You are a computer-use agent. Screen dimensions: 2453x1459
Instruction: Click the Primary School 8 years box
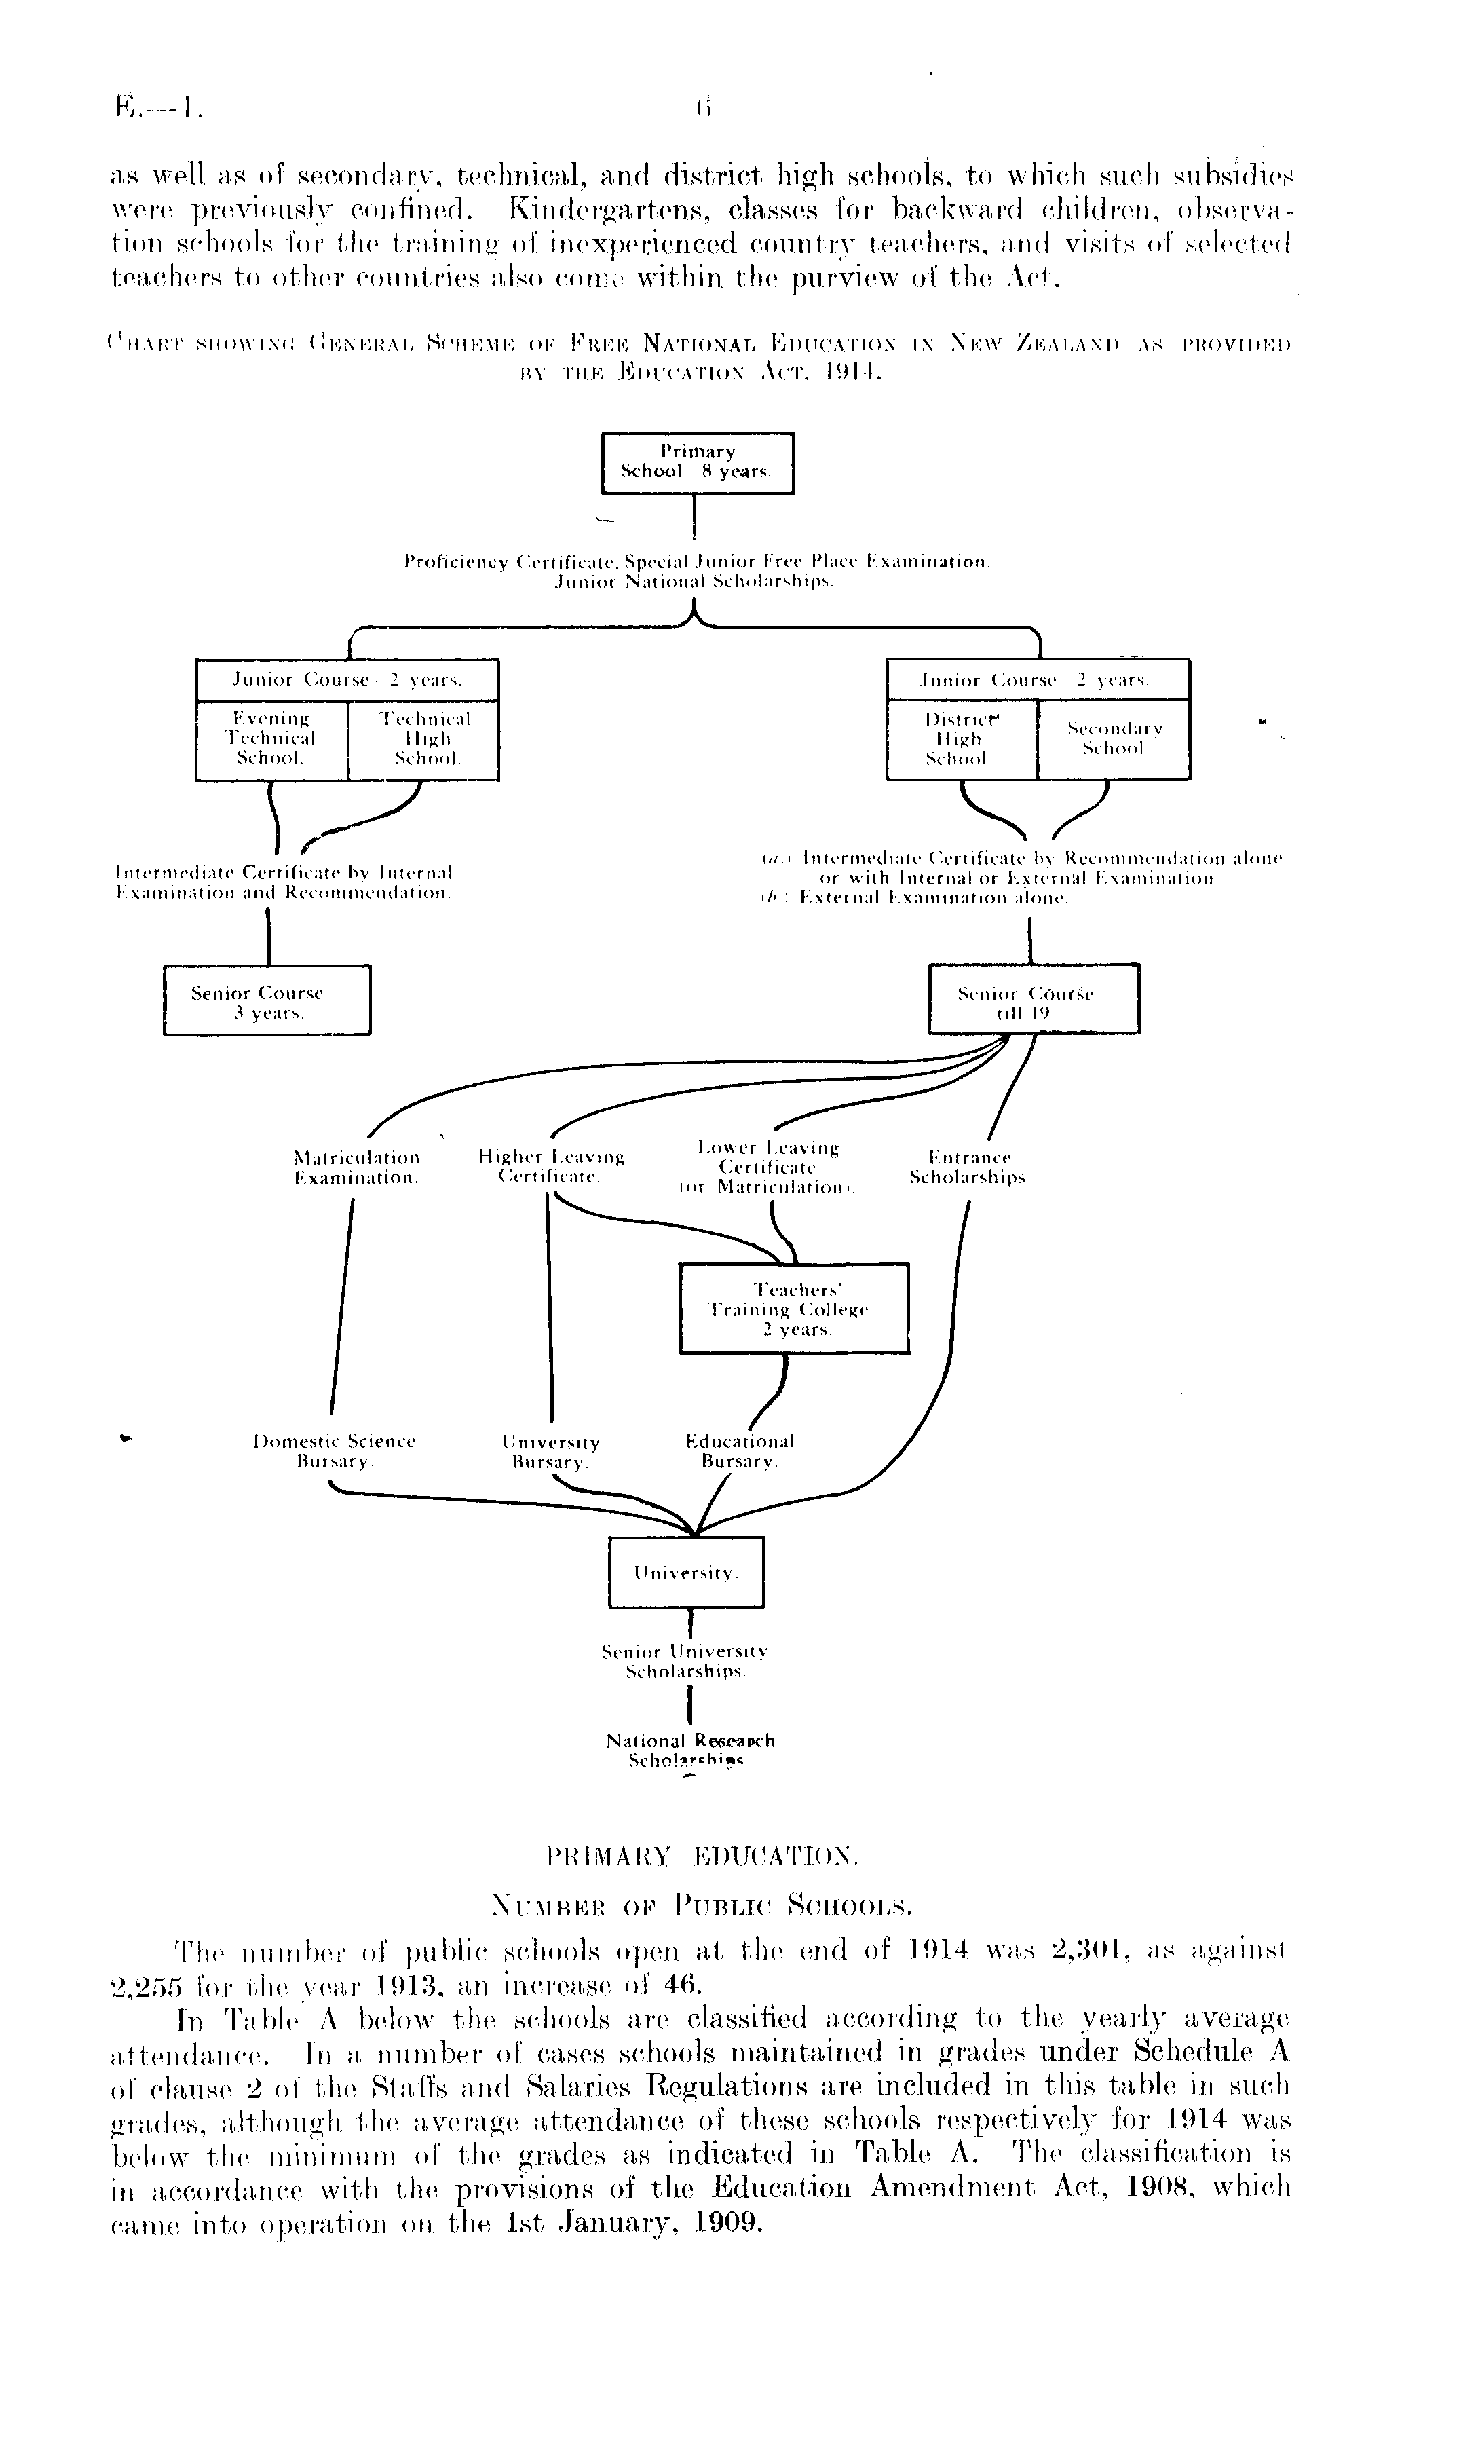coord(697,462)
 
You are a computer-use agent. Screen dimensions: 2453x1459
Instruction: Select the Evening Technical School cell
coord(272,739)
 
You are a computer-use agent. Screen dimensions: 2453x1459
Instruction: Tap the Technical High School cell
coord(423,739)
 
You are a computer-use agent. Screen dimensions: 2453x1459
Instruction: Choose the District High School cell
coord(962,739)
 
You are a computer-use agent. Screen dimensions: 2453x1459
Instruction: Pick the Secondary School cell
coord(1114,739)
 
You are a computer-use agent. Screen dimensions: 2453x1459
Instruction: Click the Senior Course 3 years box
coord(267,1001)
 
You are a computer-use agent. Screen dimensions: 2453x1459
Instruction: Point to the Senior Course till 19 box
coord(1034,999)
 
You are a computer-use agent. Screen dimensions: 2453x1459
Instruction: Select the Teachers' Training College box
coord(793,1309)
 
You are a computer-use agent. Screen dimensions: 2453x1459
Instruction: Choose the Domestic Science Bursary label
coord(335,1451)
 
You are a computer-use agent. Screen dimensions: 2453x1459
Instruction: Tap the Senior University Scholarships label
coord(685,1661)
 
